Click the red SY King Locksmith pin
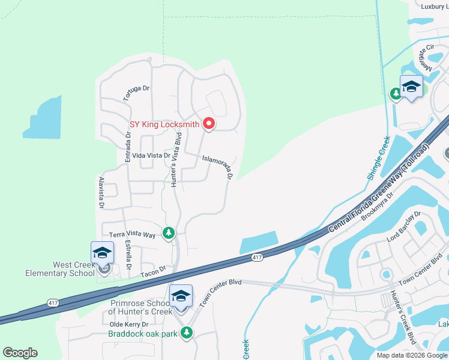pyautogui.click(x=209, y=124)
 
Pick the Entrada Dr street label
pyautogui.click(x=128, y=147)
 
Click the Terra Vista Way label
pyautogui.click(x=132, y=235)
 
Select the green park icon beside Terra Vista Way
pyautogui.click(x=169, y=232)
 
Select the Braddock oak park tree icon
pyautogui.click(x=187, y=332)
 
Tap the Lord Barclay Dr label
pyautogui.click(x=405, y=226)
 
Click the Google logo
pyautogui.click(x=20, y=353)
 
